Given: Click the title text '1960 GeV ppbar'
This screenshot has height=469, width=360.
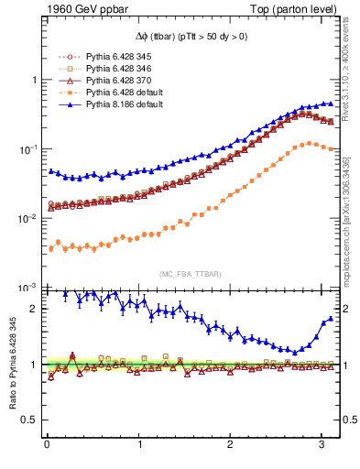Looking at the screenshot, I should (77, 8).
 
